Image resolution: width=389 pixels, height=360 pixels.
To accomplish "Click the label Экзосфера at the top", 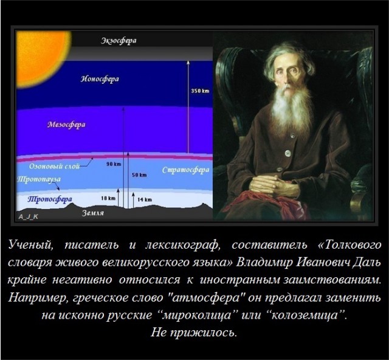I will (119, 41).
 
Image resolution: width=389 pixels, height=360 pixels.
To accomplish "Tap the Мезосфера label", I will (66, 125).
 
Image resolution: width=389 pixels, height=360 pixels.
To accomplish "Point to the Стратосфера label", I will (185, 170).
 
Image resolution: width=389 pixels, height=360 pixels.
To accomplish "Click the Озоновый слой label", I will (55, 165).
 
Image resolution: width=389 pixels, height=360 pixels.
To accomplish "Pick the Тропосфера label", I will (46, 198).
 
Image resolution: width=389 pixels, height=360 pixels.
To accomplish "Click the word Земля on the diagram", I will (93, 214).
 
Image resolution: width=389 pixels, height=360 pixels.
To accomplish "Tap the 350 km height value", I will (200, 91).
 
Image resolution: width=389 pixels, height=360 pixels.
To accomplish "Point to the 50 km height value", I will (139, 175).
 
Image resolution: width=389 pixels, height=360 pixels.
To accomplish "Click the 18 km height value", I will (108, 199).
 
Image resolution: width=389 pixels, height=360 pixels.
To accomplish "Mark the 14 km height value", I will (144, 199).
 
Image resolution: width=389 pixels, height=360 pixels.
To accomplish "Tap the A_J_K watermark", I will (29, 216).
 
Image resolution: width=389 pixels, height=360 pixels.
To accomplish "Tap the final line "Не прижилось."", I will (194, 333).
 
